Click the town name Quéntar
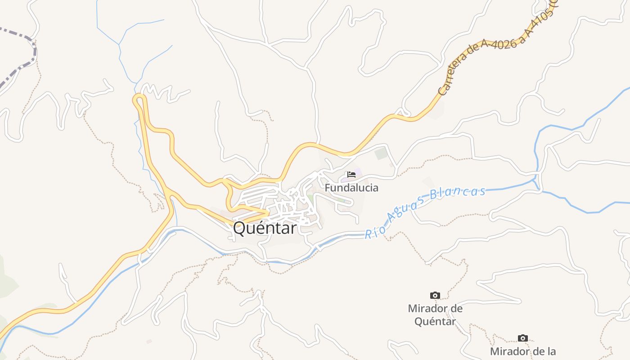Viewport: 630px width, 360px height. point(265,229)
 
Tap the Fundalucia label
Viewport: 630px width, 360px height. point(351,188)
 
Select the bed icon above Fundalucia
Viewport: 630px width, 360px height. point(351,175)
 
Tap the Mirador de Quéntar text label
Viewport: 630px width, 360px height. point(435,315)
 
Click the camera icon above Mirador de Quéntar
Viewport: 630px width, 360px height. point(435,295)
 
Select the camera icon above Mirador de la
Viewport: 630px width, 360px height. point(522,338)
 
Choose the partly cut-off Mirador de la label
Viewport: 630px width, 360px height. point(522,351)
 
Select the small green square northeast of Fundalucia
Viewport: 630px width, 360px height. point(381,153)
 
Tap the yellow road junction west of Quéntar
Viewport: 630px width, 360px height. point(169,194)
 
